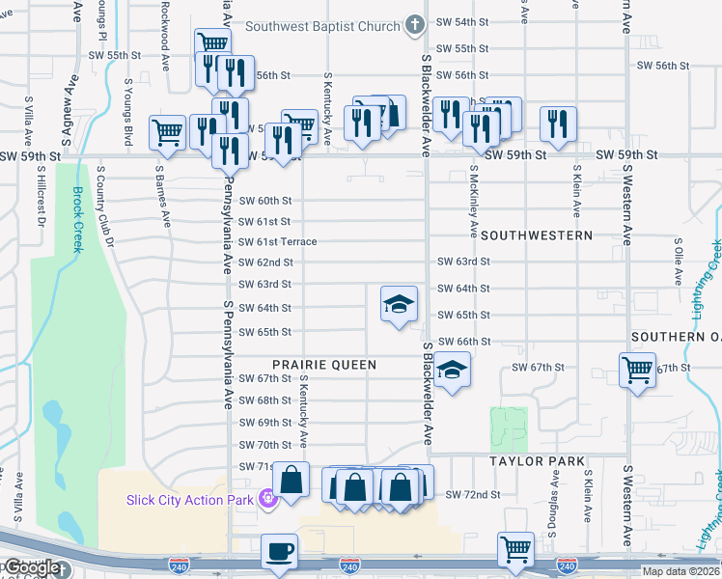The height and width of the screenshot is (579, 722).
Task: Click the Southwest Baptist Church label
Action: (x=321, y=26)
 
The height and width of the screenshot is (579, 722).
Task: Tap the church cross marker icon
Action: (x=414, y=26)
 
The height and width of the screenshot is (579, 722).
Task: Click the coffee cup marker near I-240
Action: (x=279, y=551)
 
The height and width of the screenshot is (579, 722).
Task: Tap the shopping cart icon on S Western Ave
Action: (x=637, y=369)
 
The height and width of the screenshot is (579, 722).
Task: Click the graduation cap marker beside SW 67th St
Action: (x=451, y=371)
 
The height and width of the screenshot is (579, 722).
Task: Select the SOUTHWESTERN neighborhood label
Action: (x=536, y=235)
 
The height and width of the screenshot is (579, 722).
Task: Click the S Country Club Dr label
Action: (x=110, y=206)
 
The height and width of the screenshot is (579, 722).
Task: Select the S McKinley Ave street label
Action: (x=473, y=202)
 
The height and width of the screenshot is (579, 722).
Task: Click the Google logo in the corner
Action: (x=31, y=567)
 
